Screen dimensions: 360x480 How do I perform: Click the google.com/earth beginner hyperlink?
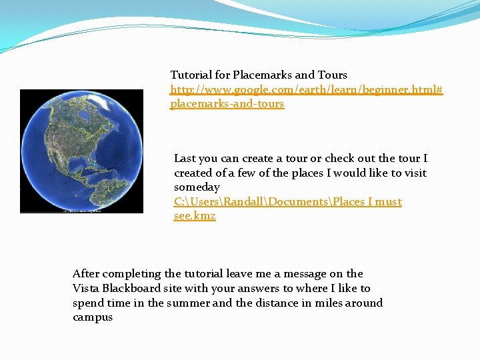(306, 89)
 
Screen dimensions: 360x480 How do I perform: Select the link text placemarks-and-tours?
(227, 104)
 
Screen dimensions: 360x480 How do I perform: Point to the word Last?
(185, 159)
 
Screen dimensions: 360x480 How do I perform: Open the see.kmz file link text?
(195, 216)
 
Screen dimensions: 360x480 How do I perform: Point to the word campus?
(93, 317)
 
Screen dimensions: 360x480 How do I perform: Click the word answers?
(259, 288)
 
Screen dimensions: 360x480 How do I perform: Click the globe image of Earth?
(81, 151)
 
